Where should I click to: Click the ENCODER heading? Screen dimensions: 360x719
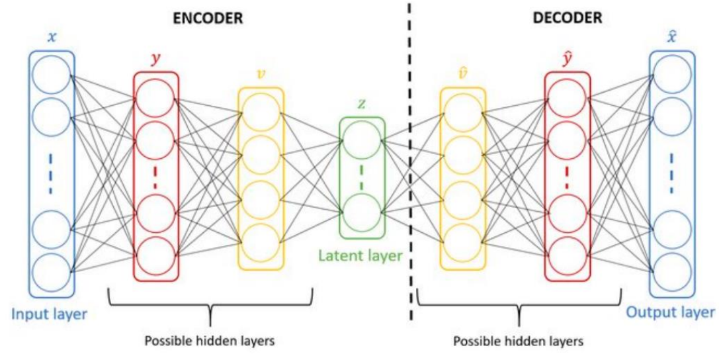(x=209, y=19)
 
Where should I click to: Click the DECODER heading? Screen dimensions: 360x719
(x=568, y=19)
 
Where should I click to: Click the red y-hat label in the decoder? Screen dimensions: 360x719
(x=567, y=58)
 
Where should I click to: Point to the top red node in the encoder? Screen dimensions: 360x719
(x=155, y=97)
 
